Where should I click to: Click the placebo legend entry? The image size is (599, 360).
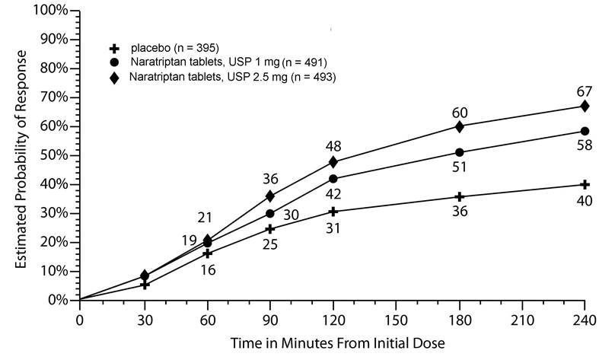click(x=174, y=48)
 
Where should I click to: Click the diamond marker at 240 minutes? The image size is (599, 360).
click(x=585, y=106)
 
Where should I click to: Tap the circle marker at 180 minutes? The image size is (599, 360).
click(x=459, y=152)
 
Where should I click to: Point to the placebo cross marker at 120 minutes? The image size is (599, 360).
click(x=333, y=211)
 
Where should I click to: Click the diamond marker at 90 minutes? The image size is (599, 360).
click(x=269, y=196)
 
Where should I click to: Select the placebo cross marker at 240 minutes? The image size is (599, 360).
click(x=585, y=184)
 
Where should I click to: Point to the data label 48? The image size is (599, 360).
click(x=333, y=145)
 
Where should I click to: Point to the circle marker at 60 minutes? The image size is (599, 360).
click(x=206, y=244)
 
